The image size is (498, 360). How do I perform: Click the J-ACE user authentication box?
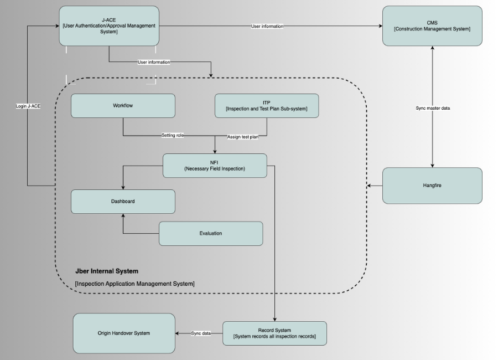[109, 25]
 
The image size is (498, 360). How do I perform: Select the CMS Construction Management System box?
[432, 25]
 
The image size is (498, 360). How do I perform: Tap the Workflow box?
[123, 105]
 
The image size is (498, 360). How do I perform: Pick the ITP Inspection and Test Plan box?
[267, 105]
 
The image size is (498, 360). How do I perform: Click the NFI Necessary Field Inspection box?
[215, 166]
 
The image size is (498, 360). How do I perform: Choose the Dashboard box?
[123, 202]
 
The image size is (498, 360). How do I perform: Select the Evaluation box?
[210, 233]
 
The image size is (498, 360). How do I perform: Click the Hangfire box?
[432, 186]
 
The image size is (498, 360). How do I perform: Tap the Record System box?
[274, 333]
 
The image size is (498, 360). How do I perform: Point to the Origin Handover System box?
[124, 333]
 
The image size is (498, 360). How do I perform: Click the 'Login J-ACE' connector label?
[28, 105]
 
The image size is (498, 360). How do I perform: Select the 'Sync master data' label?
[433, 108]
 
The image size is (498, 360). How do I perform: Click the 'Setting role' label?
[173, 135]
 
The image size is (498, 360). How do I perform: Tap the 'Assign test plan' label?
[243, 136]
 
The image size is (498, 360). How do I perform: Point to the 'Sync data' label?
[201, 333]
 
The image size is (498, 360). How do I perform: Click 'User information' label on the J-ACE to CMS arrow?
[267, 26]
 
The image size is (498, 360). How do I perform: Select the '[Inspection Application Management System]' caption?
[134, 284]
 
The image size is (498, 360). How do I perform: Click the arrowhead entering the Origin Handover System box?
[178, 333]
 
